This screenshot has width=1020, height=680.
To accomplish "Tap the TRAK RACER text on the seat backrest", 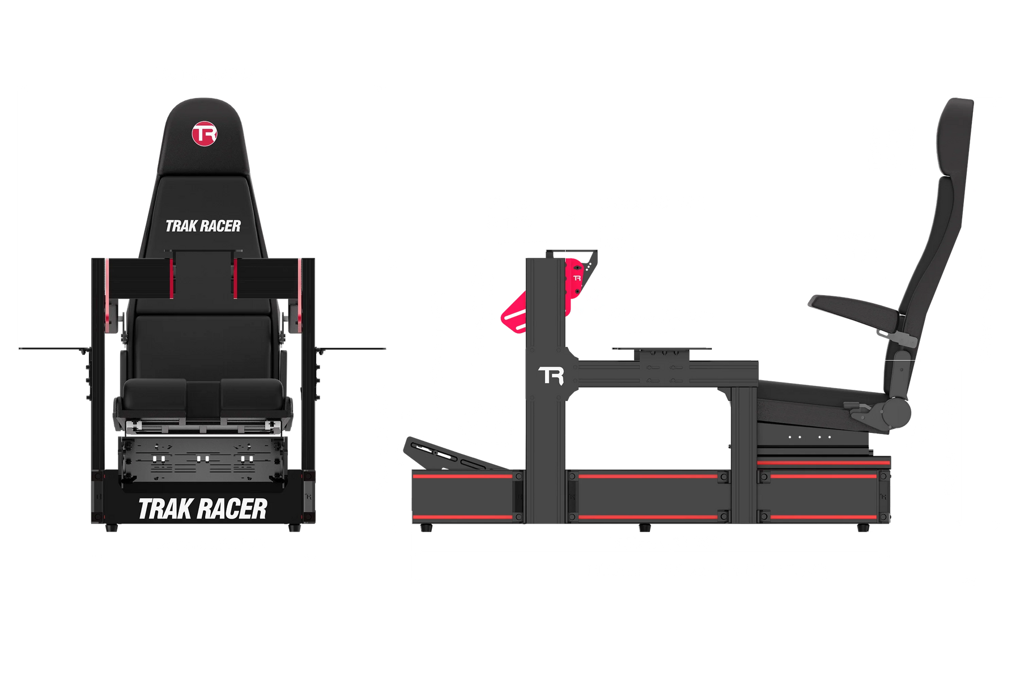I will tap(203, 227).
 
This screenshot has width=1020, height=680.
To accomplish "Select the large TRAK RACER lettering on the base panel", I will tap(202, 509).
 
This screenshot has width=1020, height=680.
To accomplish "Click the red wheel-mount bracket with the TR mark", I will tap(576, 281).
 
